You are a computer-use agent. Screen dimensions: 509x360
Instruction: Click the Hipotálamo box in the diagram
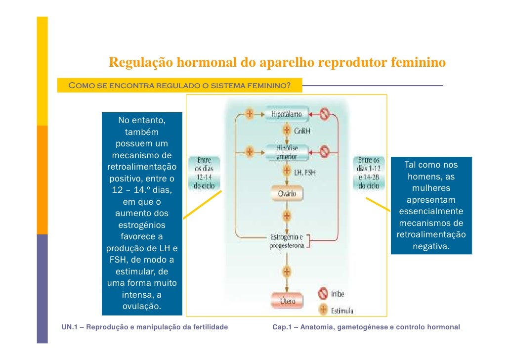point(286,115)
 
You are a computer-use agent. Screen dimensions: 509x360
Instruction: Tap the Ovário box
point(286,193)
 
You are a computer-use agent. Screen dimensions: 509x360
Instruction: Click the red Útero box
point(287,301)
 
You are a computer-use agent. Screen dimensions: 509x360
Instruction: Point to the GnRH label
point(302,132)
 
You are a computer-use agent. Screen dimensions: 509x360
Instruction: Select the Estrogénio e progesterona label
point(287,241)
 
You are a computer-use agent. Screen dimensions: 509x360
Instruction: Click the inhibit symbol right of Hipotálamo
point(324,115)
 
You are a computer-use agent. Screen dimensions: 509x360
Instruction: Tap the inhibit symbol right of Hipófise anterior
point(324,152)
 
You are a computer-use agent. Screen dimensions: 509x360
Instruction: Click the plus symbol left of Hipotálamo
point(250,114)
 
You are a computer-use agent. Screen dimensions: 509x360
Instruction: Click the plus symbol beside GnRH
point(287,131)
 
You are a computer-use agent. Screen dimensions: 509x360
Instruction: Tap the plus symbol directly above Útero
point(287,271)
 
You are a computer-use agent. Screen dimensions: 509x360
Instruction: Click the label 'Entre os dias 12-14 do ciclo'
point(204,173)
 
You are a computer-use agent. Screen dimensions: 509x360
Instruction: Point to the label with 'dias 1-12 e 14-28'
point(369,173)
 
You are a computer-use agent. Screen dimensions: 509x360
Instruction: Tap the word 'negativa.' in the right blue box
point(431,246)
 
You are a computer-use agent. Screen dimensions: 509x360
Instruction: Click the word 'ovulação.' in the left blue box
point(142,307)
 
